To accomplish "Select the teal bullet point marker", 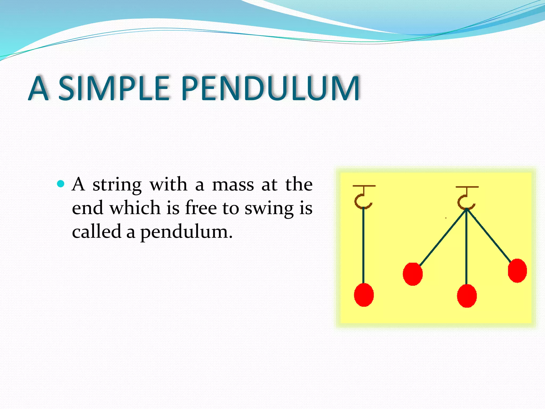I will click(61, 184).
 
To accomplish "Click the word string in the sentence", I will click(117, 185).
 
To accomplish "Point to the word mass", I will click(233, 185).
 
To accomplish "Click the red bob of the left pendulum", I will click(364, 295).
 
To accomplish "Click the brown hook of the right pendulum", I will click(466, 201).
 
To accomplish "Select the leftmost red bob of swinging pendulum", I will click(412, 274).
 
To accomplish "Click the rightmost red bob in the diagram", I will click(517, 271).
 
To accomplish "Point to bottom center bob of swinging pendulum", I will click(467, 296).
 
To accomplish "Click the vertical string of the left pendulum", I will click(363, 245).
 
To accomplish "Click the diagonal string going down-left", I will click(443, 237).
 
